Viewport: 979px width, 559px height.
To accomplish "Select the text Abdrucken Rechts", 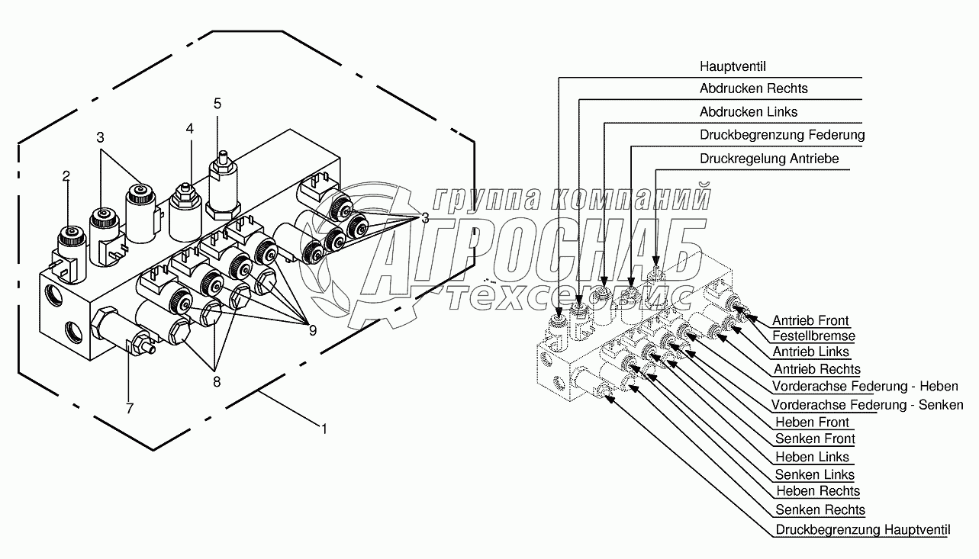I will [753, 88].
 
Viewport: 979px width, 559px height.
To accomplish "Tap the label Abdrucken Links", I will [748, 112].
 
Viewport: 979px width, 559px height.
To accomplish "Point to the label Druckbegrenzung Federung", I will [782, 135].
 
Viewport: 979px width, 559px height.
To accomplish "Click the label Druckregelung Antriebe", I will [769, 159].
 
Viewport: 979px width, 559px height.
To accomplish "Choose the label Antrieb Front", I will [810, 320].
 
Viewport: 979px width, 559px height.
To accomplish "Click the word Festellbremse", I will [813, 336].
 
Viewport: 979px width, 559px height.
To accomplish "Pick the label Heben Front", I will [812, 422].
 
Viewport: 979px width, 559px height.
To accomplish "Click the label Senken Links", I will [815, 474].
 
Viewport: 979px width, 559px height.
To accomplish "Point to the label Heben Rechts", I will [817, 491].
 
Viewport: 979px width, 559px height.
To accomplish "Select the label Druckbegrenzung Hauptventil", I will [863, 529].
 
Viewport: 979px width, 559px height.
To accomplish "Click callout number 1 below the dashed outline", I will [324, 429].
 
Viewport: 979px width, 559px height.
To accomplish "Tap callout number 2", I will [66, 176].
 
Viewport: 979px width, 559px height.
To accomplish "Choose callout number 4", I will [189, 130].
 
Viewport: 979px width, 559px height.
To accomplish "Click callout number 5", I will [217, 103].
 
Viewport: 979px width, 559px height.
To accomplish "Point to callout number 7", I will [130, 409].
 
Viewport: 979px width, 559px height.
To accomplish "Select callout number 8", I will [217, 383].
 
